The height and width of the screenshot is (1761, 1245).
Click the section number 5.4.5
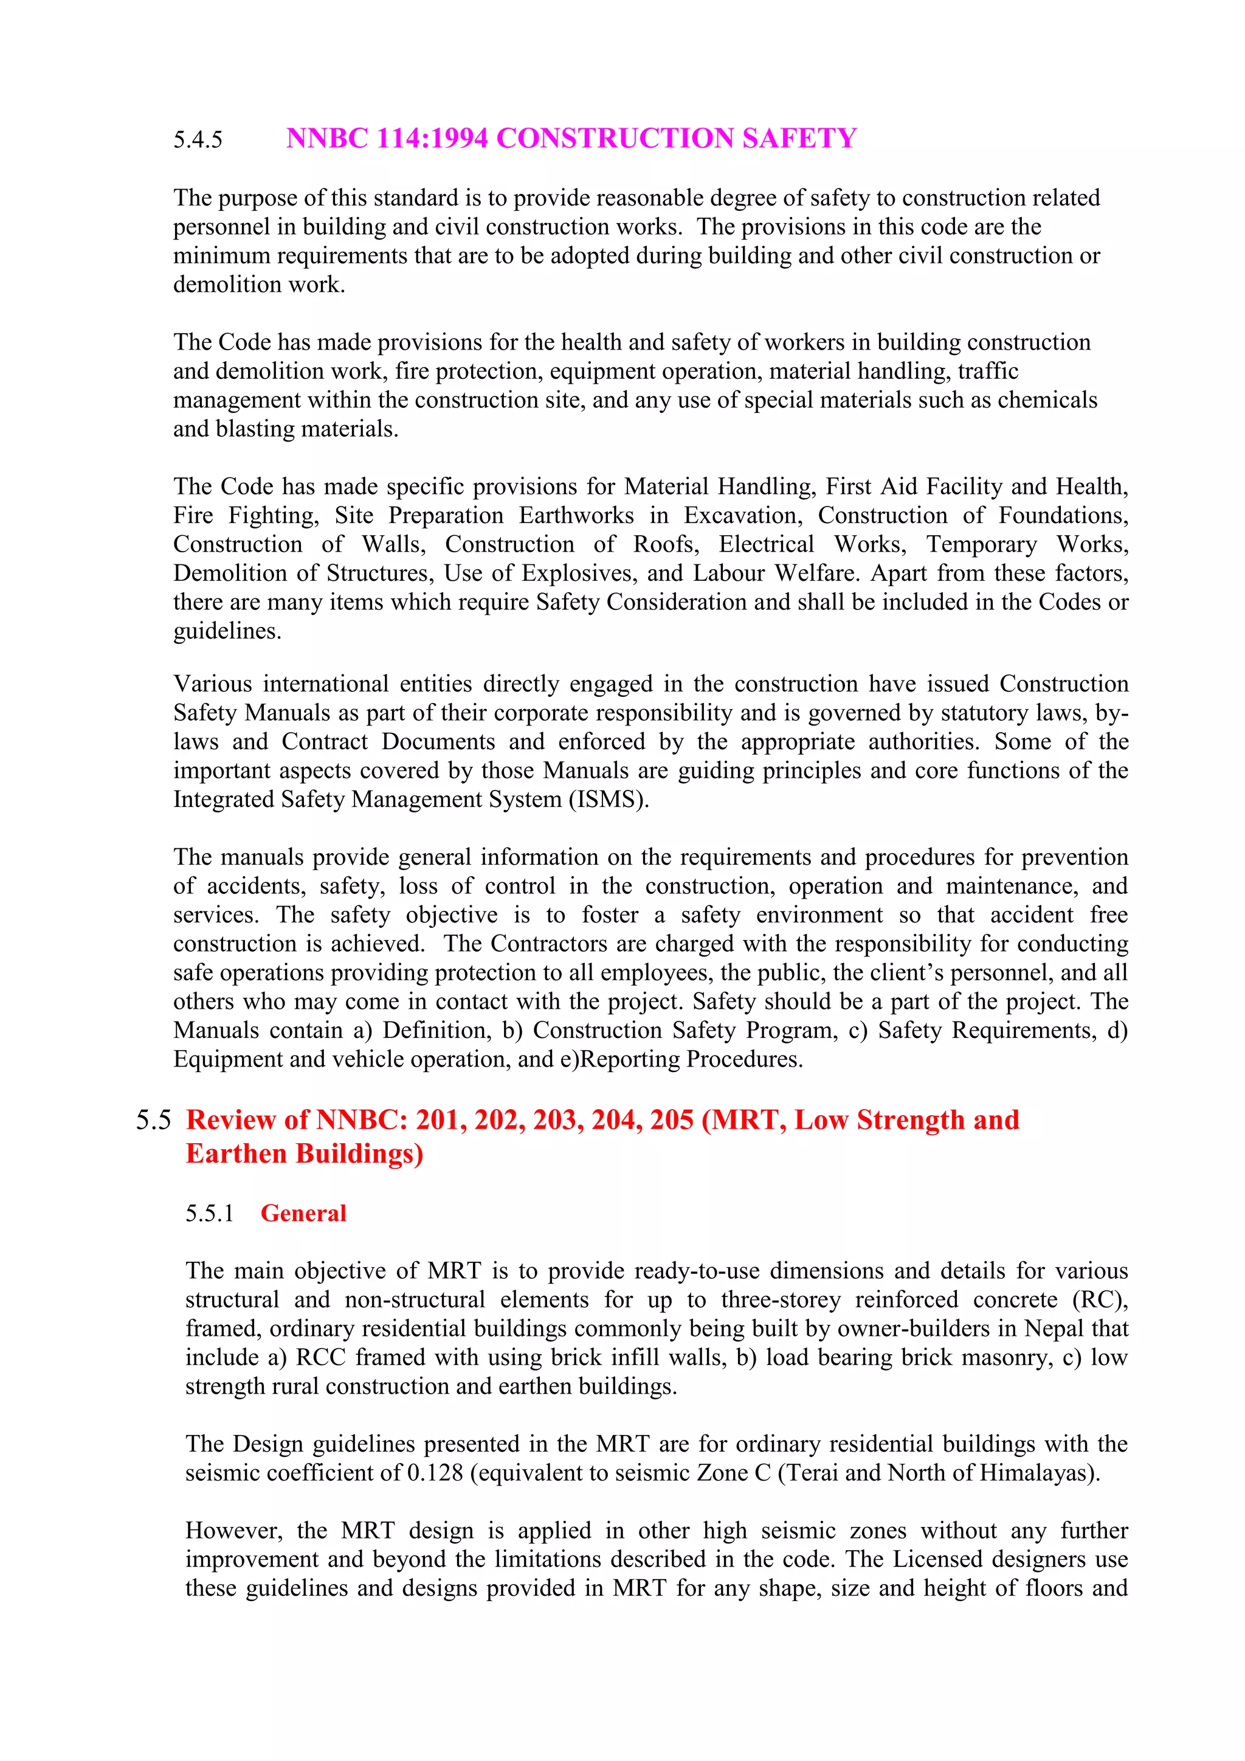point(198,140)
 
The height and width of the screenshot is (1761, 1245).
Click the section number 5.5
point(153,1121)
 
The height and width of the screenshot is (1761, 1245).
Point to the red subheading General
point(303,1213)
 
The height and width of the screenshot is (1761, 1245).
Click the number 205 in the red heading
point(672,1121)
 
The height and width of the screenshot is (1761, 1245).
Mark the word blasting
point(258,429)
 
